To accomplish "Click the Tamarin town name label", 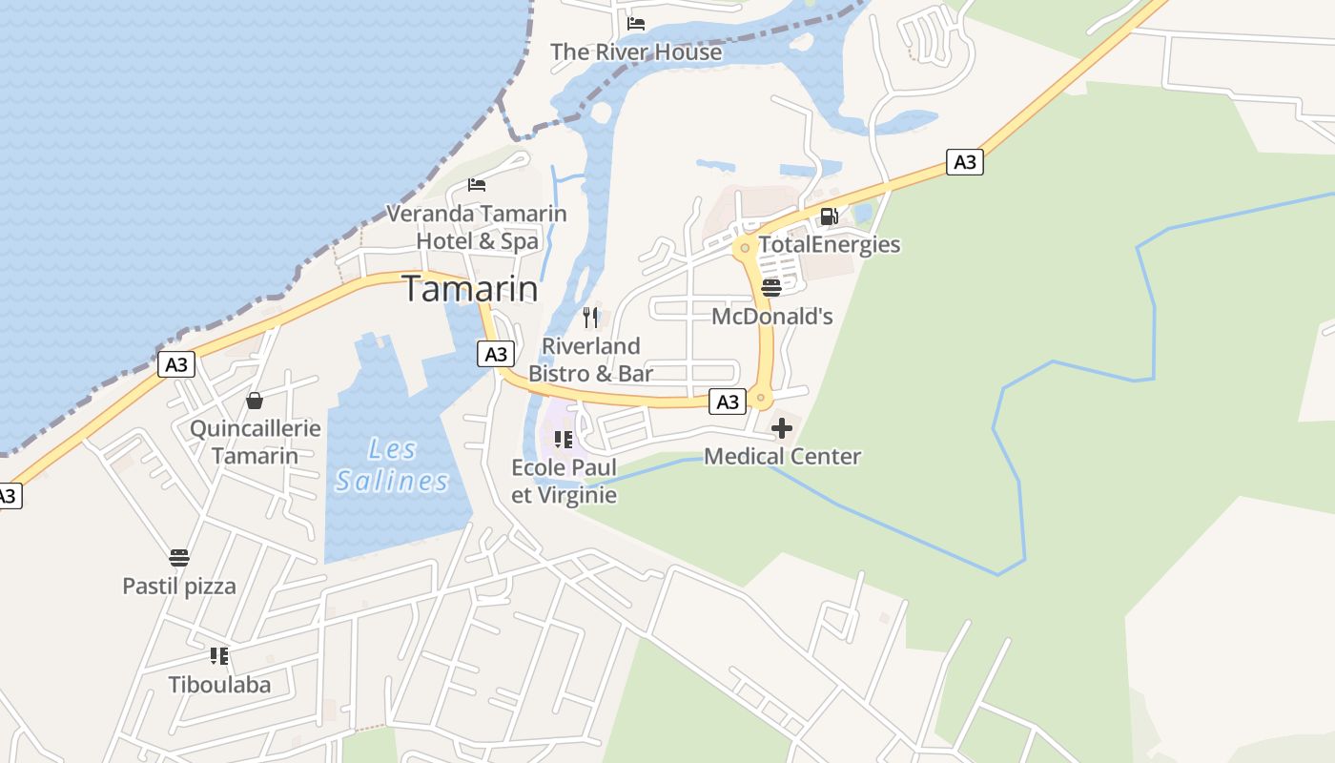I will pyautogui.click(x=470, y=288).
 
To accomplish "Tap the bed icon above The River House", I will pyautogui.click(x=636, y=23).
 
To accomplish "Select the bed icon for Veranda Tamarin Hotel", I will pyautogui.click(x=477, y=184).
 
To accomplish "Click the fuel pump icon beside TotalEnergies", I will pyautogui.click(x=829, y=217).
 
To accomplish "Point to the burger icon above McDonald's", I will pyautogui.click(x=771, y=287).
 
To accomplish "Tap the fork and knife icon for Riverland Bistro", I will pyautogui.click(x=591, y=317).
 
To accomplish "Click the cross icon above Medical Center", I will pyautogui.click(x=782, y=428).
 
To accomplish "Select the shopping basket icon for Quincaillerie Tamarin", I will pyautogui.click(x=255, y=401).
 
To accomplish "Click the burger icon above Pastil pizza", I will pyautogui.click(x=179, y=558).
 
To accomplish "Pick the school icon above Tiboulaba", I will pyautogui.click(x=219, y=656).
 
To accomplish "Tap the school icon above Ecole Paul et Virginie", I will pyautogui.click(x=564, y=440).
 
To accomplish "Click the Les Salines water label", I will pyautogui.click(x=392, y=464).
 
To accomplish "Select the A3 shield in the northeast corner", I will pyautogui.click(x=965, y=162).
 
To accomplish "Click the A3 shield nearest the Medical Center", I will pyautogui.click(x=728, y=402).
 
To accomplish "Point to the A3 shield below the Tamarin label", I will pyautogui.click(x=496, y=355).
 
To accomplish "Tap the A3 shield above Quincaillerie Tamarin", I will pyautogui.click(x=176, y=364).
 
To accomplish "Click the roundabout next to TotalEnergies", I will pyautogui.click(x=745, y=248).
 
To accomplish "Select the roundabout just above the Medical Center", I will pyautogui.click(x=760, y=397).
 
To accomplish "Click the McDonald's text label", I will pyautogui.click(x=772, y=317).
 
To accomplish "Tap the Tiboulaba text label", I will pyautogui.click(x=219, y=685).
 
